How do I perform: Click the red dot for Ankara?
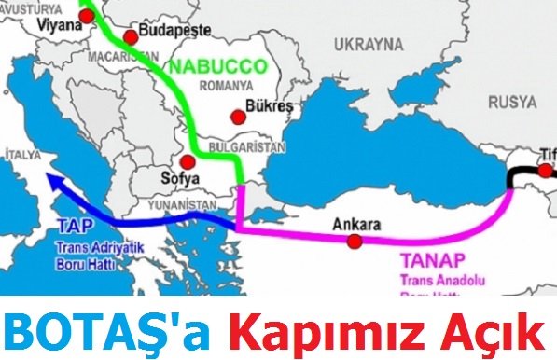pyautogui.click(x=354, y=242)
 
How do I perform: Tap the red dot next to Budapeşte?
pyautogui.click(x=130, y=36)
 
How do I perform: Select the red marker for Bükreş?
pyautogui.click(x=239, y=117)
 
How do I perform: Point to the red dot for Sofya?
pyautogui.click(x=188, y=161)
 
